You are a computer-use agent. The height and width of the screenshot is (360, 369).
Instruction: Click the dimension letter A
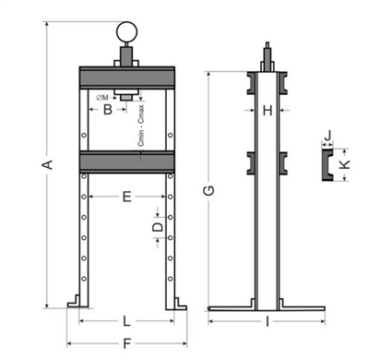coord(48,164)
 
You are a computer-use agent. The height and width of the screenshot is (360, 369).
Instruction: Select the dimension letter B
coord(108,110)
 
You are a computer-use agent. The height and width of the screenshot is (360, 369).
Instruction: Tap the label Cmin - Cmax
coord(141,126)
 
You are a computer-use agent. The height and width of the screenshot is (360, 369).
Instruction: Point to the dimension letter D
coord(158,227)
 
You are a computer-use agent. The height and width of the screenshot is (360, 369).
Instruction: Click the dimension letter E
coord(127,197)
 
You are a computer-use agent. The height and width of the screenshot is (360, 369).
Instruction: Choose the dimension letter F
coord(127,343)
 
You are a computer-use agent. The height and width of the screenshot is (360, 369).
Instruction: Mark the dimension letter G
coord(209,191)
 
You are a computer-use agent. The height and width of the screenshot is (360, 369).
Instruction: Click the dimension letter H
coord(268,110)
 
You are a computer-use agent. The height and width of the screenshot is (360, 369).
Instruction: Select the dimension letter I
coord(268,322)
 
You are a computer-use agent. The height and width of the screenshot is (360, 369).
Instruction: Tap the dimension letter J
coord(328,135)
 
